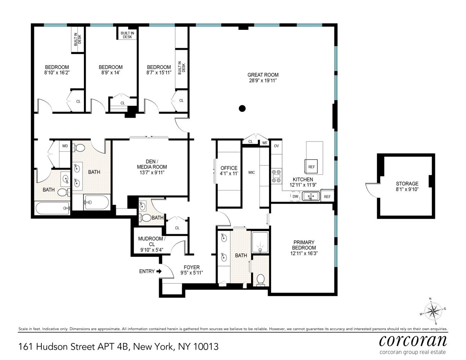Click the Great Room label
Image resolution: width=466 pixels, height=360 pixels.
coord(263,75)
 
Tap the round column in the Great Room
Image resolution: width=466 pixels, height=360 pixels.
coord(242,108)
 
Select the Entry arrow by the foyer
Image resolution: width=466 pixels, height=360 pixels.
coord(159,271)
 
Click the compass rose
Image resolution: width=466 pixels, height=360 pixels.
coord(433,311)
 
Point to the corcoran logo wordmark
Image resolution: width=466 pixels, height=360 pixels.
coord(413,340)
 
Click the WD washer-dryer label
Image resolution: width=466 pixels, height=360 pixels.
coord(65,146)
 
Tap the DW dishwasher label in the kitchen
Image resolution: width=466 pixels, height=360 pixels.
coord(295,197)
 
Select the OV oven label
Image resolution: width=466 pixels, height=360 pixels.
coord(276,146)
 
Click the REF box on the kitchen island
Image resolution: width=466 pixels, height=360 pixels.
coord(312,167)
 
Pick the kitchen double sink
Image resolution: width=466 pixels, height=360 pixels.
coord(310,196)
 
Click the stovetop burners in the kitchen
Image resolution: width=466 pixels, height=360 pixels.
coord(276,176)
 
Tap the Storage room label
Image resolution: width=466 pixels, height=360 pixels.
coord(407,184)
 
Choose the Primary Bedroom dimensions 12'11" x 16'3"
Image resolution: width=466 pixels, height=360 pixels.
coord(304,253)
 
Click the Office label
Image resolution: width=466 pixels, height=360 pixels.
coord(229,168)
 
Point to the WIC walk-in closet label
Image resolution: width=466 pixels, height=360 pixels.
coord(251,172)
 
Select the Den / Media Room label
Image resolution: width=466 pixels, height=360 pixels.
coord(152,164)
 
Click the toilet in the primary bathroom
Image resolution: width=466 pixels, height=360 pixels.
coord(260,279)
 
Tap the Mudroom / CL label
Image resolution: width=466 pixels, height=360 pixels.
coord(152,241)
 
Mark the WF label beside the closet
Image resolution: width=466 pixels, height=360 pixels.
coord(265,143)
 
